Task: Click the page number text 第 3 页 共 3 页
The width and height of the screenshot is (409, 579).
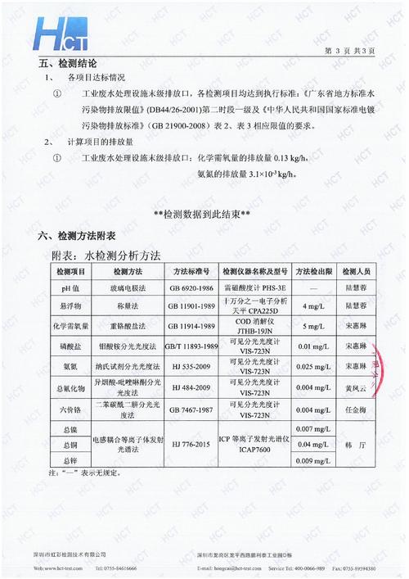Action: click(348, 50)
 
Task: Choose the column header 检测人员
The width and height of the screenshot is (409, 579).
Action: click(357, 271)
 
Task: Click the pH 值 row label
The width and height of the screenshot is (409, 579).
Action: click(70, 288)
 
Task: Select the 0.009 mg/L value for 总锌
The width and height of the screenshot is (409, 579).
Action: click(313, 460)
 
